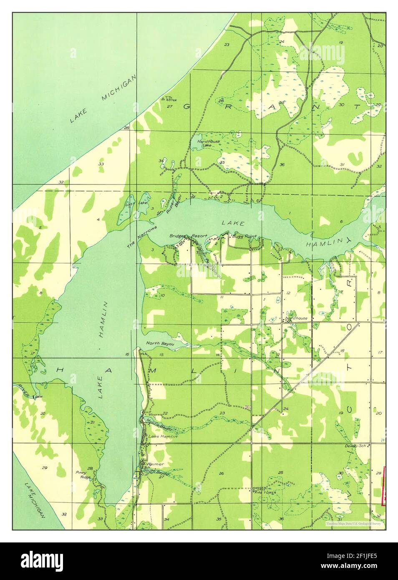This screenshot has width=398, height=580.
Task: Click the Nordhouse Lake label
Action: click(x=209, y=144)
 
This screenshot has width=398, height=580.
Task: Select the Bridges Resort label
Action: click(x=188, y=236)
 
